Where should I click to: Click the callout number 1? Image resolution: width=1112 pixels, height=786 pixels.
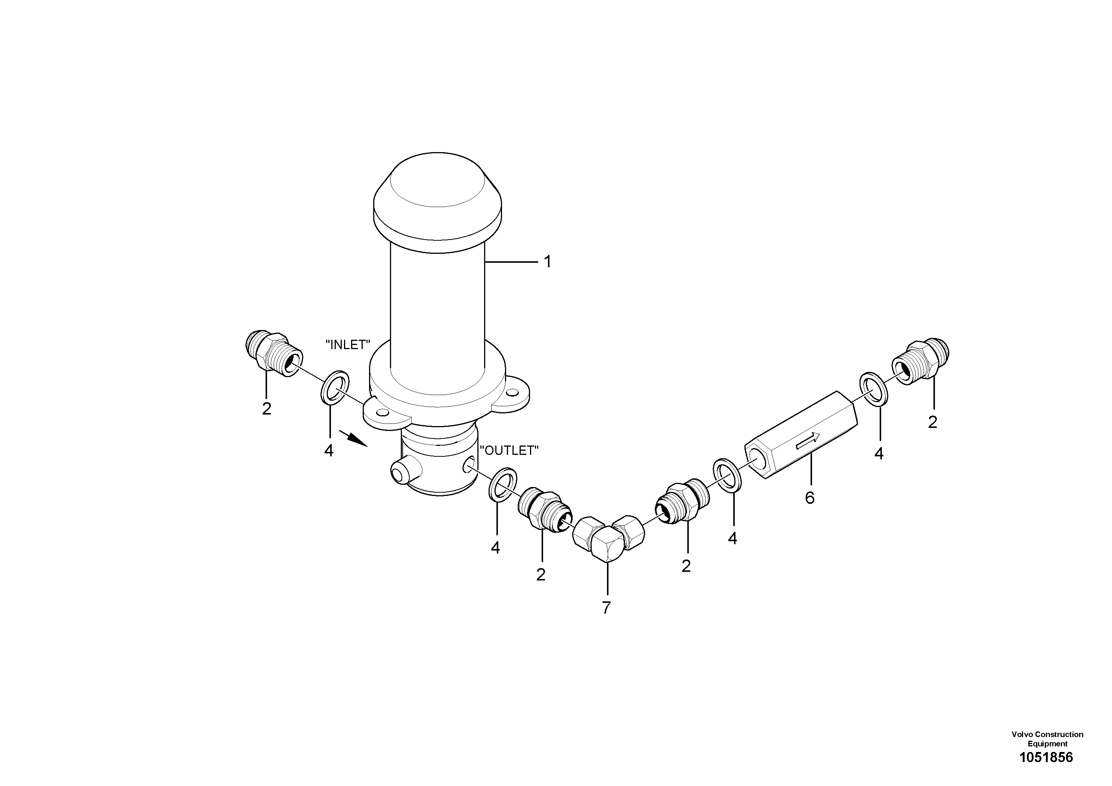(547, 262)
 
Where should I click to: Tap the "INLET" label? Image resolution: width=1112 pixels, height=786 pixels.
(348, 345)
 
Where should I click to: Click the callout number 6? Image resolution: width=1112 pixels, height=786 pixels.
(809, 498)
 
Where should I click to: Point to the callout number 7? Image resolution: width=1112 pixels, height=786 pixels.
(606, 607)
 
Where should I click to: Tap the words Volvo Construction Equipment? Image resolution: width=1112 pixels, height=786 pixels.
(1047, 739)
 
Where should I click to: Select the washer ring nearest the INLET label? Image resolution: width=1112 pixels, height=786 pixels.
(335, 388)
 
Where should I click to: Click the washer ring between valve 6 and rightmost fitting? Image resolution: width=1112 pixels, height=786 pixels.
(873, 388)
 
